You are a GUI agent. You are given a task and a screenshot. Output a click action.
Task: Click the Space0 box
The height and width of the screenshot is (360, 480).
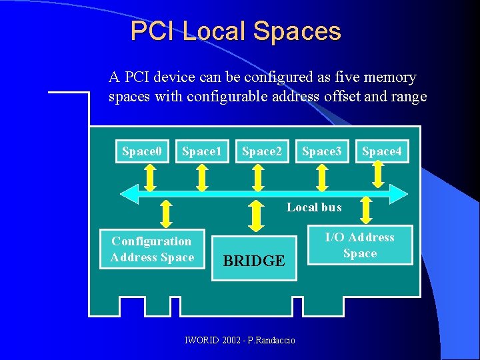pos(142,151)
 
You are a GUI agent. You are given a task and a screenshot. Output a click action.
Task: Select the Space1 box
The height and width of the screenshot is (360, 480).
pos(201,151)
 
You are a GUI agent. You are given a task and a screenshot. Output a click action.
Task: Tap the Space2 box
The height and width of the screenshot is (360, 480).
pos(261,151)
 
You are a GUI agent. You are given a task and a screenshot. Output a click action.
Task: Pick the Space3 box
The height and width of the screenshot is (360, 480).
pos(321,151)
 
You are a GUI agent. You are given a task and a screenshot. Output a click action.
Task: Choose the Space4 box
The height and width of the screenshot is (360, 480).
pos(381,151)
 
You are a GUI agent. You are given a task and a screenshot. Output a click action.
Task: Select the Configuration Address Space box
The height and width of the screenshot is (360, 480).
pos(152,250)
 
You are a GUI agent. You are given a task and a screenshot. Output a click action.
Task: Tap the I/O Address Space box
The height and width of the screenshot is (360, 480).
pos(360,245)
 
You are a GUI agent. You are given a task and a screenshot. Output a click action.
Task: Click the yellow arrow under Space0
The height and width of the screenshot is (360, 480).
pos(151,177)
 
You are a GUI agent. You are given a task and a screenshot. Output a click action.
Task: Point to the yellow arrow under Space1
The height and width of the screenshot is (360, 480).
pos(202,177)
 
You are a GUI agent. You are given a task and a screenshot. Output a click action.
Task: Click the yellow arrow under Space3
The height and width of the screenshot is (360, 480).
pos(322,177)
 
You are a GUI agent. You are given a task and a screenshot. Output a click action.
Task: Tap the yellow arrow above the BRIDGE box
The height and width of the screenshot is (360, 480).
pos(255,215)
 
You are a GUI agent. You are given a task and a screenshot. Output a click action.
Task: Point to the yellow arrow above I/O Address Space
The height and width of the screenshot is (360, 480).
pos(365,211)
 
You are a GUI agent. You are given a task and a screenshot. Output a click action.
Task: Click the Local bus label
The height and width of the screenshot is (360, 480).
pos(314,207)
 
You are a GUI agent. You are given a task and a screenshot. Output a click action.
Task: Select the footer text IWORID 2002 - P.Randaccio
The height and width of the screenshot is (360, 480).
pos(240,341)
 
